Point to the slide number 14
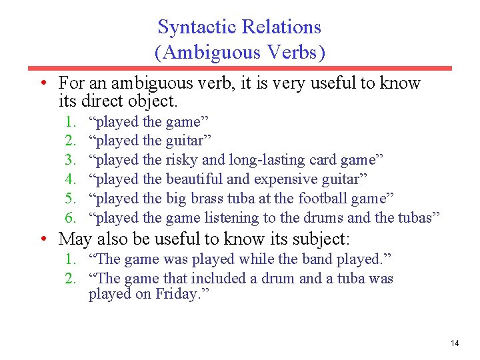pos(455,343)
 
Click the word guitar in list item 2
pos(187,141)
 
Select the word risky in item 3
pos(181,160)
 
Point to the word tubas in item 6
pos(418,218)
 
